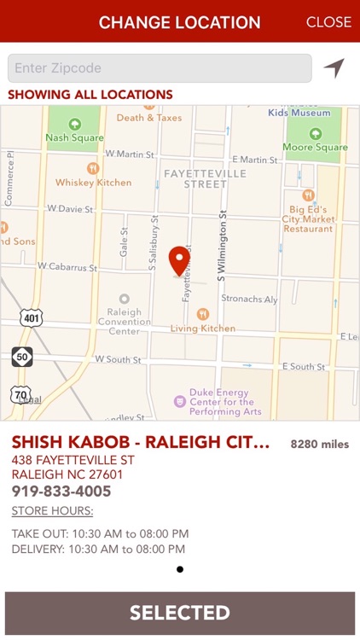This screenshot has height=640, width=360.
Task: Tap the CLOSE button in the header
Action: point(328,22)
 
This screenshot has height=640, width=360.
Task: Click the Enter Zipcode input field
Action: point(160,68)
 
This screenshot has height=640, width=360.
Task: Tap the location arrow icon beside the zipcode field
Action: point(334,68)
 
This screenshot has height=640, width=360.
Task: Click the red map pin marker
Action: point(179,260)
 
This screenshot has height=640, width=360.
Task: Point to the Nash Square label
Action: point(74,137)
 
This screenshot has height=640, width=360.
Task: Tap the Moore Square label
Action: point(315,147)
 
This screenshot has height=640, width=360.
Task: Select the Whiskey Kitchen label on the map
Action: point(94,182)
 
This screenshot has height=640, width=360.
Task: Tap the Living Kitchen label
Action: point(203,328)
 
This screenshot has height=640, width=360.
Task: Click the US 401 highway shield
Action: point(31,318)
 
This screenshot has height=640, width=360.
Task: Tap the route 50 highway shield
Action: point(22,357)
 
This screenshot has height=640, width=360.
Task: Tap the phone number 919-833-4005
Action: point(61,492)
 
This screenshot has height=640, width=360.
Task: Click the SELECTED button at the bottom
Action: point(180,613)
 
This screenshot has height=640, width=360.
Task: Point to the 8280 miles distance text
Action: point(320,445)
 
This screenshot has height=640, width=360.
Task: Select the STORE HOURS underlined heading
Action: point(53,512)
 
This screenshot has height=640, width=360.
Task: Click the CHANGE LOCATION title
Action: point(180,22)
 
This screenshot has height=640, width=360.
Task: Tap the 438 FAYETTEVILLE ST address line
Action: point(73,460)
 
